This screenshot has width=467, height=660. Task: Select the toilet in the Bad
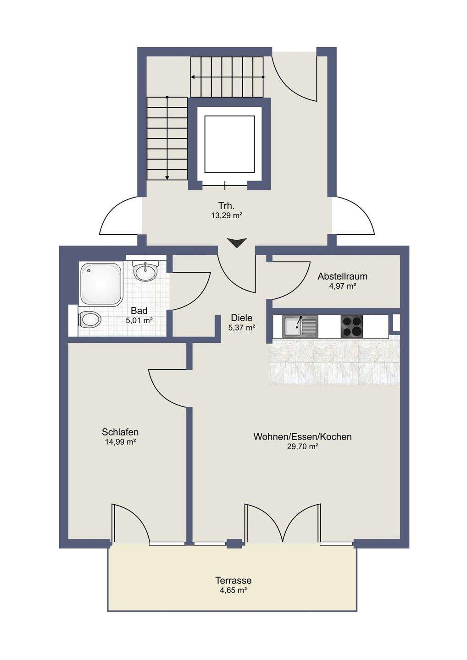coord(90,319)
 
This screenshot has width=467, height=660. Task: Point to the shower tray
coord(100,283)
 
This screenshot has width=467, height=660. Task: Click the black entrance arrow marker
coord(236,243)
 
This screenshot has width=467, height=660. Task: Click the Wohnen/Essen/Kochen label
coord(302,436)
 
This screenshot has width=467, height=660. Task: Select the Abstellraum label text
coord(343,276)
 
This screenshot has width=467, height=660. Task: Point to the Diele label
coord(242,318)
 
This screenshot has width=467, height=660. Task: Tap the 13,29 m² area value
coord(227,215)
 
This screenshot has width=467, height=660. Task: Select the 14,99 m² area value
coord(120,442)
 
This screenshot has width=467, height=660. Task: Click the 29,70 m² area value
coord(302,446)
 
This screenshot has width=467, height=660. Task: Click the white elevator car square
coord(229,144)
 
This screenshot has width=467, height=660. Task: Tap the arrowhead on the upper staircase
coord(193,77)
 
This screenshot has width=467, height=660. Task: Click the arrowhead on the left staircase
coord(167,177)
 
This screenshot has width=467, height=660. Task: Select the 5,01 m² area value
coord(139,320)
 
